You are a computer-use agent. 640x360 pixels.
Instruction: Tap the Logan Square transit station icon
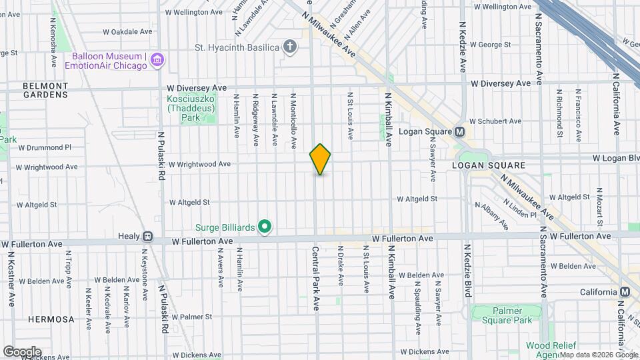coord(460,131)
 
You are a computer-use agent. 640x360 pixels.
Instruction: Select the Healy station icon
coord(147,236)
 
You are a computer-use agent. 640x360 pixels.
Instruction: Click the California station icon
coord(625,292)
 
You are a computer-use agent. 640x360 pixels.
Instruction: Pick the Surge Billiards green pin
coord(265,228)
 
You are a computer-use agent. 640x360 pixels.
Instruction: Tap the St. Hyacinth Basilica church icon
coord(289,47)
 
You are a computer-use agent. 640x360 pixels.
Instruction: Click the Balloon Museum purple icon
coord(157,61)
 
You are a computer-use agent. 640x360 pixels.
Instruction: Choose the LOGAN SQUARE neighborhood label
coord(489,165)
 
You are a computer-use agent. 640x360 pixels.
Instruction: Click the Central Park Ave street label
coord(316,278)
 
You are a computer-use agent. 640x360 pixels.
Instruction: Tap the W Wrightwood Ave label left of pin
coord(199,164)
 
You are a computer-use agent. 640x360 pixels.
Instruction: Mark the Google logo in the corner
coord(22,351)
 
